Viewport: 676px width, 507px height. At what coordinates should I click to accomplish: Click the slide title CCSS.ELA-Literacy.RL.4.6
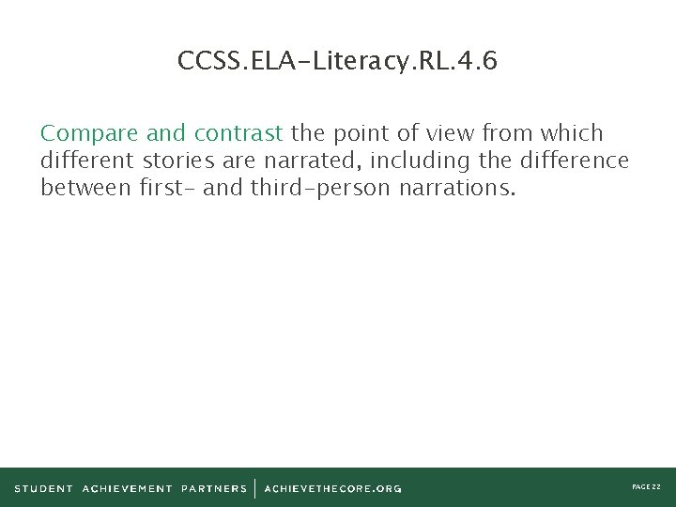pos(337,62)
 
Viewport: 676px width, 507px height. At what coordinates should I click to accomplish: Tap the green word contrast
pos(238,133)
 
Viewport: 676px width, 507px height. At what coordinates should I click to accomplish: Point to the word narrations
pos(457,188)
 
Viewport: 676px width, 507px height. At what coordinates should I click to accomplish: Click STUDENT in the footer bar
pos(43,488)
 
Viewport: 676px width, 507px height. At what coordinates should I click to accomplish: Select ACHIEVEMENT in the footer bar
pos(128,488)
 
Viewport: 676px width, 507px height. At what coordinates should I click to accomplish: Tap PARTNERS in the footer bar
pos(214,488)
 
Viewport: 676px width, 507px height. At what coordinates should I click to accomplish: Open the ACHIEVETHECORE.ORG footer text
pos(332,488)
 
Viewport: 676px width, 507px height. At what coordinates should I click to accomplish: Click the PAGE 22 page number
pos(646,487)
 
